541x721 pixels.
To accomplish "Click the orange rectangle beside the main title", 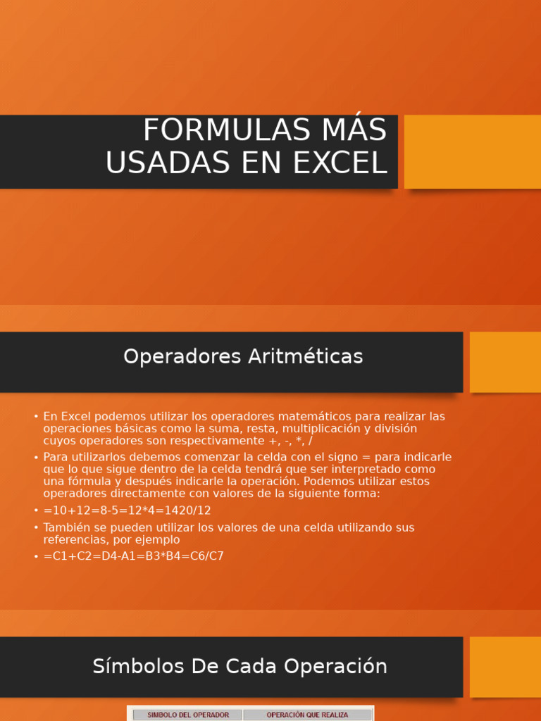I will (x=472, y=151).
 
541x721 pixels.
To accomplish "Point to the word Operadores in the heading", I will (x=182, y=357).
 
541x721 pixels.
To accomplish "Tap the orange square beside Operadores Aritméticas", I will (x=505, y=362).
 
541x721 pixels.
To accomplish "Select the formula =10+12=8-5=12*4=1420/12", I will (x=127, y=510).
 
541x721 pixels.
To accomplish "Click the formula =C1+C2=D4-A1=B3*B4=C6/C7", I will (x=133, y=556).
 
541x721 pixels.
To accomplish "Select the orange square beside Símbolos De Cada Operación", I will (x=505, y=667).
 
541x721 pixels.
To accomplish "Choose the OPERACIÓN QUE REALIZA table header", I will (x=307, y=715).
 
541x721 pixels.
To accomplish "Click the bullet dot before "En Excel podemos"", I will (x=36, y=417).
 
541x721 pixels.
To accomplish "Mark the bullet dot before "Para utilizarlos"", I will (x=36, y=458).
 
